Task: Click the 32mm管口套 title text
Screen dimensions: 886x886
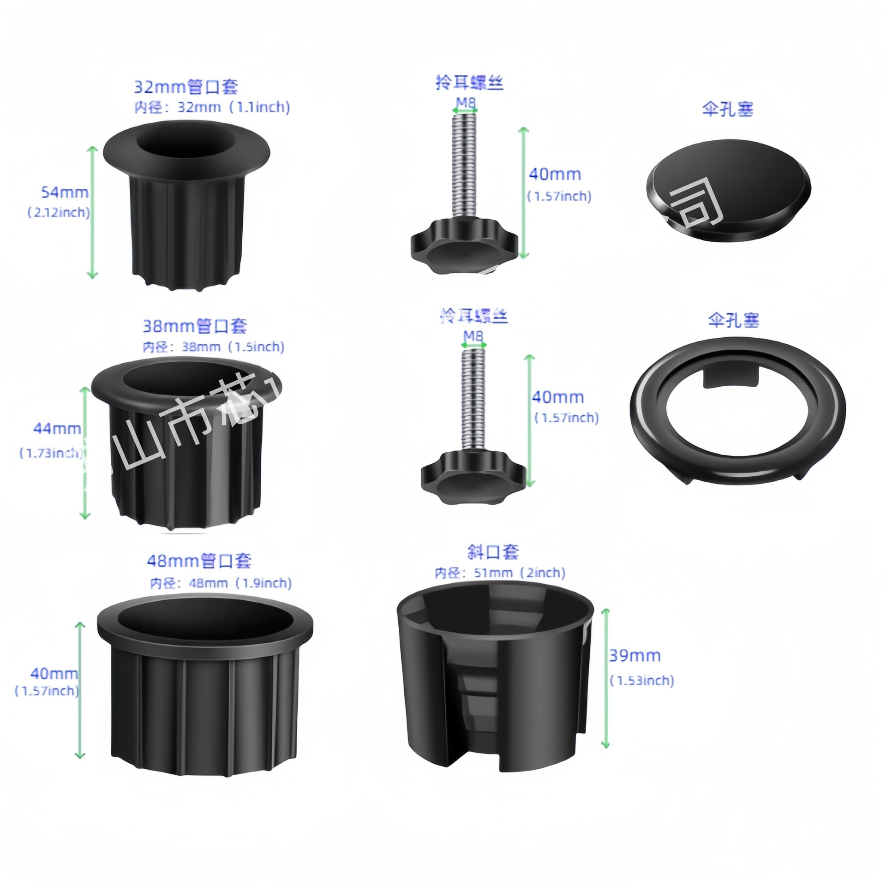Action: (x=186, y=87)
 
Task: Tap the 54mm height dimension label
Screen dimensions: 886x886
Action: (x=65, y=192)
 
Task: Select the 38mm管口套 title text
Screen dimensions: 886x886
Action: (x=194, y=326)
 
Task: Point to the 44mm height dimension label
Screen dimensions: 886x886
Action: (x=57, y=429)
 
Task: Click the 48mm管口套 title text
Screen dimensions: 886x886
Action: (x=199, y=561)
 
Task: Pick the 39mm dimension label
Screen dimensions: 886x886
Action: (x=635, y=655)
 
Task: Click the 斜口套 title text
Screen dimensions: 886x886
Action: (x=493, y=552)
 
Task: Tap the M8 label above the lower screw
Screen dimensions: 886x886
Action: (x=473, y=336)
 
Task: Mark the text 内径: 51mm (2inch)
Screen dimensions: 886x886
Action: (x=500, y=573)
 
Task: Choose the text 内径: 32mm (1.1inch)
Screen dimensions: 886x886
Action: (x=212, y=108)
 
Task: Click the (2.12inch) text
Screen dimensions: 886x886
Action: (x=59, y=213)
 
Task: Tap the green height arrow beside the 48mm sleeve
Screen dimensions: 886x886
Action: (x=80, y=692)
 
